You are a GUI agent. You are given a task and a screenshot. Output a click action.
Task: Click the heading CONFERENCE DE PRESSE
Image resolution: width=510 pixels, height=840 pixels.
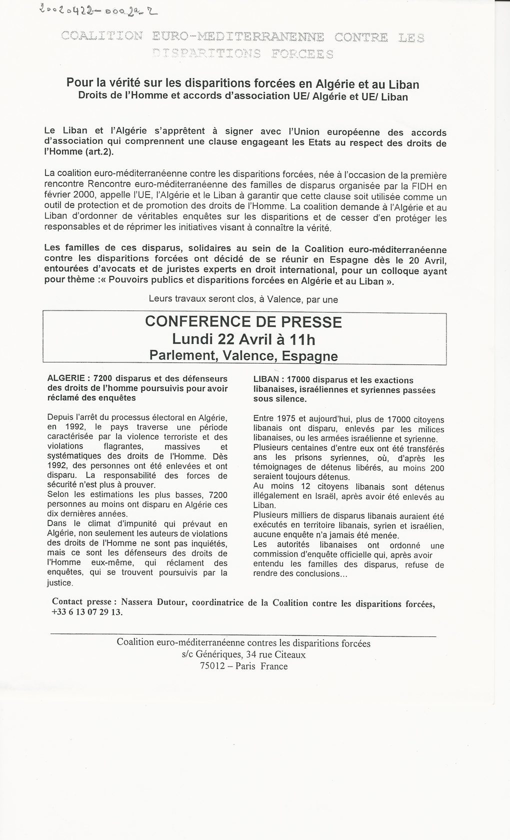[243, 321]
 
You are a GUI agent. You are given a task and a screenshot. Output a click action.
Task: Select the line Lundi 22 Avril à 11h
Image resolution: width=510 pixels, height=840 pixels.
[243, 339]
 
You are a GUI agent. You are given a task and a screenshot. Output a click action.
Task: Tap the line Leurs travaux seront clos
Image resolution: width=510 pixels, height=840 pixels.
[243, 299]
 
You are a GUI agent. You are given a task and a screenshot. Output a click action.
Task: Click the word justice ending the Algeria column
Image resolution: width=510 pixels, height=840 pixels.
[60, 582]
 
